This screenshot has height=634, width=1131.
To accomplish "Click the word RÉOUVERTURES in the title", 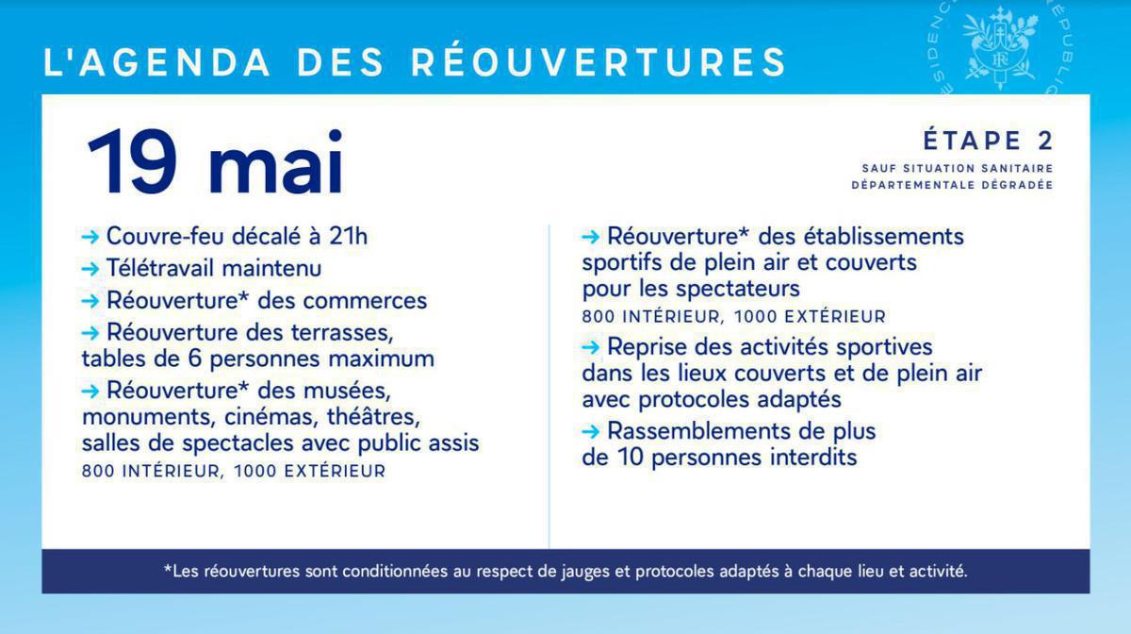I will pos(598,62).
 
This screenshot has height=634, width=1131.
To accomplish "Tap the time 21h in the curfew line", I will pos(348,236).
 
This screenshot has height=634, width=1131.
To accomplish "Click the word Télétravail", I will pos(161,268).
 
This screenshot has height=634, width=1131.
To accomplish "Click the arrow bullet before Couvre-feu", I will pos(90,237).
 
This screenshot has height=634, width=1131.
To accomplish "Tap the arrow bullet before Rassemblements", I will pos(591,432).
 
